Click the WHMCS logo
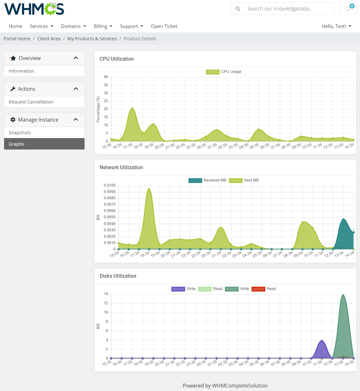[x=34, y=9]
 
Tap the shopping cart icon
[x=348, y=9]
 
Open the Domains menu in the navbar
[x=73, y=26]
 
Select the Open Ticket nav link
[x=164, y=26]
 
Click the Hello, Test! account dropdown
[x=336, y=26]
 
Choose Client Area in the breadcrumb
[x=49, y=39]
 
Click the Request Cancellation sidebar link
[x=31, y=102]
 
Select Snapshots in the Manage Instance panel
[x=20, y=133]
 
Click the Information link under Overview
[x=21, y=71]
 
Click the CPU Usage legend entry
[x=224, y=72]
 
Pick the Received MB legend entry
[x=207, y=180]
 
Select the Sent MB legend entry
[x=244, y=180]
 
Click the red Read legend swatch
[x=258, y=289]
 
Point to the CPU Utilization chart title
[x=117, y=59]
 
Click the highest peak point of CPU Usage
[x=132, y=109]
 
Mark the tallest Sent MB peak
[x=149, y=189]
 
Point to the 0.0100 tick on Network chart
[x=110, y=185]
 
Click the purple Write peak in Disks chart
[x=322, y=341]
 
